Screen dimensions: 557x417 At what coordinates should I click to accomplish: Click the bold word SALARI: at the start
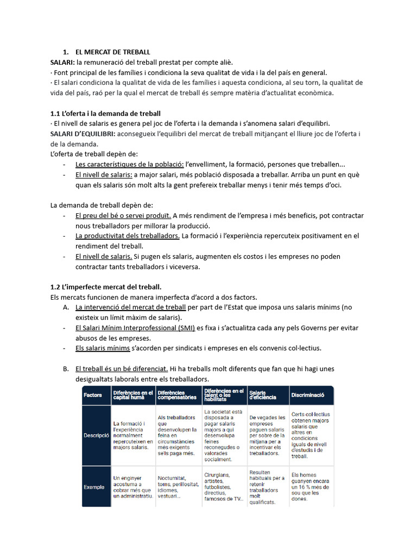62,63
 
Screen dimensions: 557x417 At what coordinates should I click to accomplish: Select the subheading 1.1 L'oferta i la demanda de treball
105,114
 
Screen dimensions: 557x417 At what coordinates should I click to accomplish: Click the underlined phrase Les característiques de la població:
130,164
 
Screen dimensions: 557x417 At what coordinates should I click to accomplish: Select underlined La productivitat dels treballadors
128,236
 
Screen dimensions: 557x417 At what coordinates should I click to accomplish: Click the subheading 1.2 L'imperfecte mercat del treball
106,287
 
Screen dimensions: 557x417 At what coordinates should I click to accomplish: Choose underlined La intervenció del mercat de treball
130,307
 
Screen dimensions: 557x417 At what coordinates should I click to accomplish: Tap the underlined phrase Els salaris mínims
103,348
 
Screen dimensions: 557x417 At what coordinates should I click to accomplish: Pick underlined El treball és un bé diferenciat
122,369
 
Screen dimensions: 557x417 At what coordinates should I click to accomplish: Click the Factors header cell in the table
93,395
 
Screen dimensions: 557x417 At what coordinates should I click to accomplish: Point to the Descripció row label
96,436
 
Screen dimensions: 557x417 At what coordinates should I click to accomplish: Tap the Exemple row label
94,487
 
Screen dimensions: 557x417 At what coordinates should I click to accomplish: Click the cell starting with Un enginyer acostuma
132,487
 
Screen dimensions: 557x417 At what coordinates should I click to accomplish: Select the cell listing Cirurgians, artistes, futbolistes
223,487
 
